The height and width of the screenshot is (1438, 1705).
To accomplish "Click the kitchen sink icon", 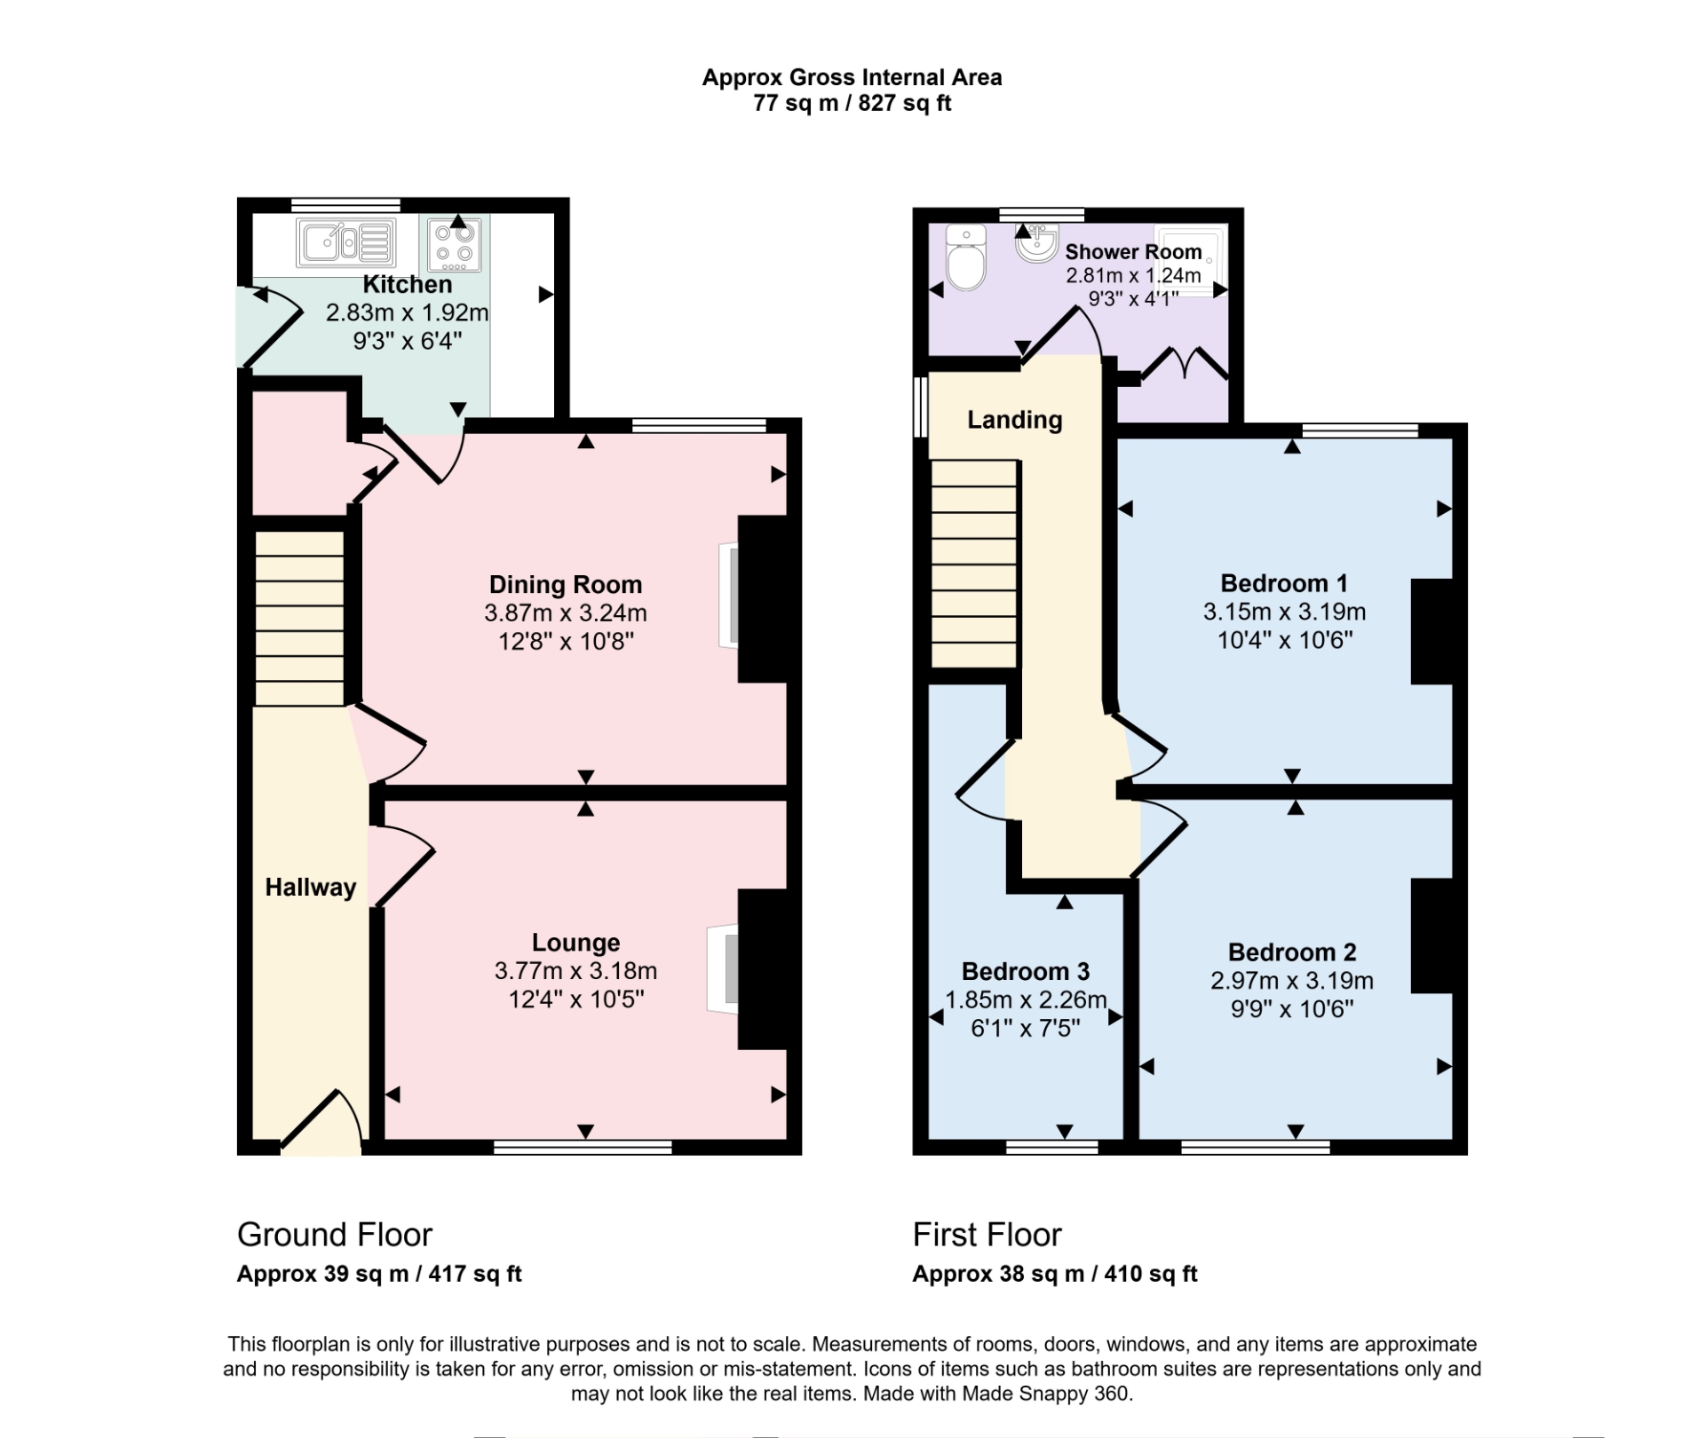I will click(345, 242).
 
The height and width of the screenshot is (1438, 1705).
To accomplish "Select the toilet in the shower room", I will click(966, 258).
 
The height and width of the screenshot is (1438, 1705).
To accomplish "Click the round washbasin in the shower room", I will click(1035, 243).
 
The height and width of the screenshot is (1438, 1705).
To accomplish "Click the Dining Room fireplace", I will click(729, 595).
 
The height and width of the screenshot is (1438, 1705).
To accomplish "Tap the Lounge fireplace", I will click(723, 968).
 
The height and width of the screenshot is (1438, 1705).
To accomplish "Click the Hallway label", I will click(310, 887).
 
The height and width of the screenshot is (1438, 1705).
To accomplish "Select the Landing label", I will click(1014, 419).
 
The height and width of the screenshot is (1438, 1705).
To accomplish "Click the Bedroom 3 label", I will click(1025, 971).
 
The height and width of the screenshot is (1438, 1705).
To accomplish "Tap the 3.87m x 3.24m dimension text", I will click(565, 612).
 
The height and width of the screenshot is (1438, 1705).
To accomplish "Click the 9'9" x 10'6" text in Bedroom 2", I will click(1291, 1009).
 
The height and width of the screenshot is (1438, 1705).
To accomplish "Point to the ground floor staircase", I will click(299, 618).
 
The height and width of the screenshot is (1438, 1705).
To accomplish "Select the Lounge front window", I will click(583, 1148).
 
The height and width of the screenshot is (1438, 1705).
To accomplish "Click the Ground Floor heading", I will click(334, 1235).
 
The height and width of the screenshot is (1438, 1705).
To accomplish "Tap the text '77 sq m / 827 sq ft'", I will click(852, 103).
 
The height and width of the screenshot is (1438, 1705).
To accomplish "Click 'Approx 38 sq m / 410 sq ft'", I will click(1054, 1274).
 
